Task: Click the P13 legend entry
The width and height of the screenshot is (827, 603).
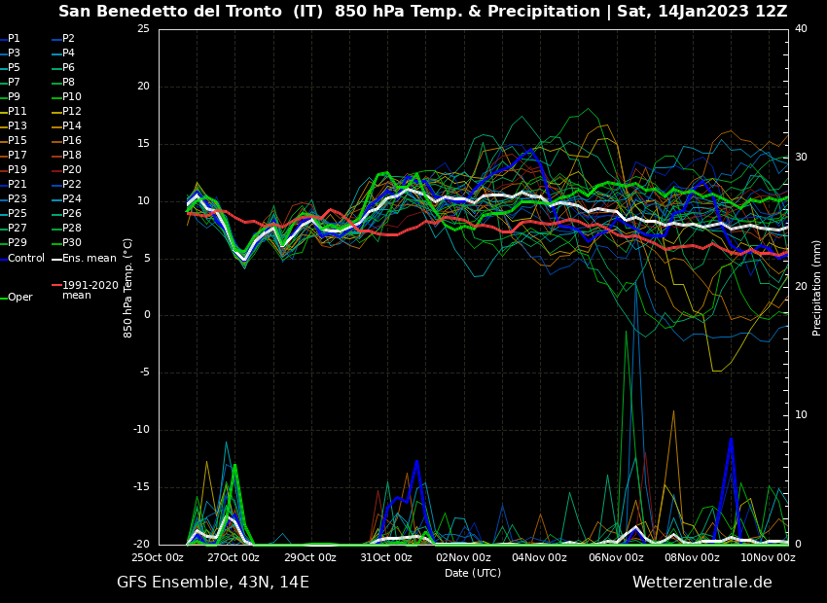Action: tap(18, 126)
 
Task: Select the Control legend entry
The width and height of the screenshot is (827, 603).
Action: tap(25, 258)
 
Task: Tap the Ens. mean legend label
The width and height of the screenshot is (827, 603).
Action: tap(89, 258)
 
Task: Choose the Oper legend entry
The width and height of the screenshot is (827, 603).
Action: tap(19, 298)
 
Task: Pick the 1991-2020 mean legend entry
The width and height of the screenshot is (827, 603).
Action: tap(90, 290)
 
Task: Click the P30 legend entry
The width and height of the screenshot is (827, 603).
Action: tap(72, 243)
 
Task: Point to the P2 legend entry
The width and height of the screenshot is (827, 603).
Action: tap(68, 39)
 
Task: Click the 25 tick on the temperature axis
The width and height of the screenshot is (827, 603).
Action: tap(143, 29)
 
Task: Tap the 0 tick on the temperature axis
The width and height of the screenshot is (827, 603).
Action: tap(146, 315)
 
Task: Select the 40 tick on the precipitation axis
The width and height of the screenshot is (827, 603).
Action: tap(801, 29)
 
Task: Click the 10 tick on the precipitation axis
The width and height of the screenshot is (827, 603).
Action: tap(801, 415)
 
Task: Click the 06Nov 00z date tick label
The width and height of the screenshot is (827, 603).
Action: tap(616, 557)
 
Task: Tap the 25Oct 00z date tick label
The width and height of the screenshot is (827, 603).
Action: tap(158, 557)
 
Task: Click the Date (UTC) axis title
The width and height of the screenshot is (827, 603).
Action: tap(473, 573)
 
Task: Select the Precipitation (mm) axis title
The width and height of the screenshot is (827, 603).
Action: tap(817, 288)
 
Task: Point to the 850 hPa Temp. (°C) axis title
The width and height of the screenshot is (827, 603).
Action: tap(127, 288)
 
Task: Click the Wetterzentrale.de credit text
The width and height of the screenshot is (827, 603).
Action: tap(701, 583)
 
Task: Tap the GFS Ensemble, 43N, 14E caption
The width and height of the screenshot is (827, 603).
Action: tap(213, 583)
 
